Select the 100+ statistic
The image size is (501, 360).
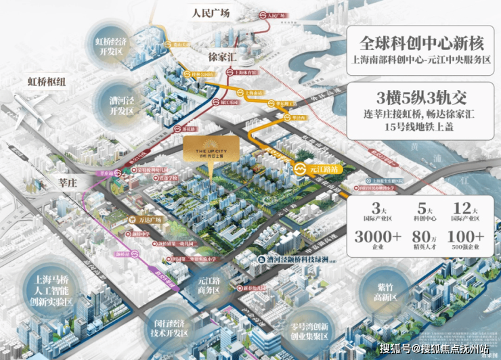tap(464, 238)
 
